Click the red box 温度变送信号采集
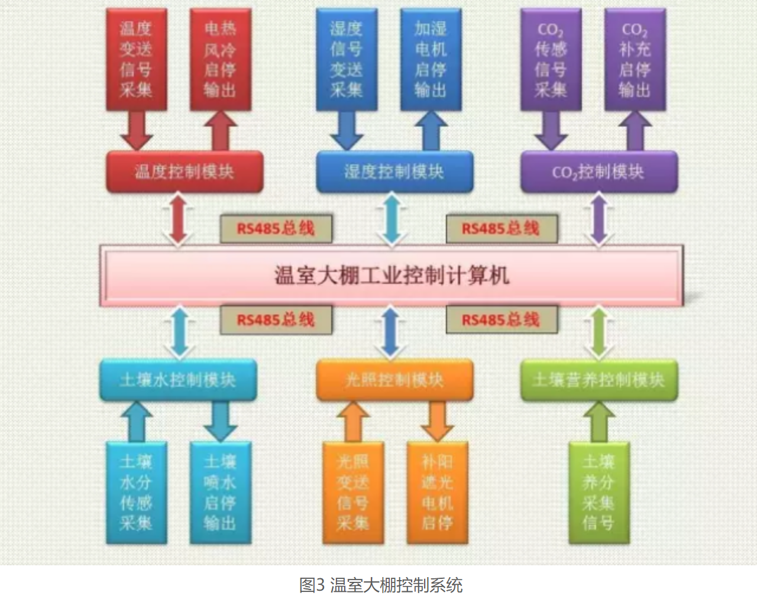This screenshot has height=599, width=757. click(x=136, y=59)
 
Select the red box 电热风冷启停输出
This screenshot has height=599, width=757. click(x=220, y=59)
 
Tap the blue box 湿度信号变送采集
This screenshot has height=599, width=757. click(x=346, y=59)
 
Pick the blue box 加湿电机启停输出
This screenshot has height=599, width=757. click(x=430, y=59)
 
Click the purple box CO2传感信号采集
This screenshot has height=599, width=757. click(x=551, y=59)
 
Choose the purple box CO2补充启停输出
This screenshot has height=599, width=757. click(x=635, y=59)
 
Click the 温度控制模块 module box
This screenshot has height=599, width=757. click(x=185, y=172)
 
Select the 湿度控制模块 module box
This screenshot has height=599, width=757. click(x=394, y=172)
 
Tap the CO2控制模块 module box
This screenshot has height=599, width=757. click(x=599, y=172)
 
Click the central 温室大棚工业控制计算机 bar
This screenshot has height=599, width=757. click(x=392, y=276)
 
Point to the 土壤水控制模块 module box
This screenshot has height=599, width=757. click(x=178, y=380)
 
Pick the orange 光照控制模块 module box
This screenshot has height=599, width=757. click(x=394, y=380)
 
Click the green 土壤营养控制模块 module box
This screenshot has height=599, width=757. click(x=599, y=380)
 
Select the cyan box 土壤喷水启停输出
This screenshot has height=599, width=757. click(x=220, y=493)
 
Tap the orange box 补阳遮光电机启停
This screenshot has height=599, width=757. click(x=437, y=493)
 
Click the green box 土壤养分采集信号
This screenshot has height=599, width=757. click(x=599, y=493)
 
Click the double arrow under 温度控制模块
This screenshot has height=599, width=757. click(x=179, y=220)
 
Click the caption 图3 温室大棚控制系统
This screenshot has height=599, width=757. click(x=381, y=585)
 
